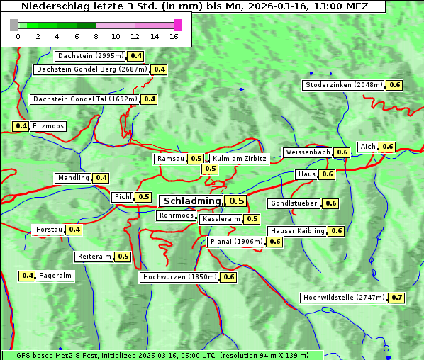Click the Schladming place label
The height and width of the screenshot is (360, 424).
coord(192,201)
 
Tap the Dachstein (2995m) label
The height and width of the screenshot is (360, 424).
coord(90,56)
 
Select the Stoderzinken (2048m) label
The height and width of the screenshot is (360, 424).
coord(343,85)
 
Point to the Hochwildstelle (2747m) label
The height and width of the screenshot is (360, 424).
coord(345,298)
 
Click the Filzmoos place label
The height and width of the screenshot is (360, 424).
coord(48,126)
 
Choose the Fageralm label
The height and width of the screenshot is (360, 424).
coord(55,276)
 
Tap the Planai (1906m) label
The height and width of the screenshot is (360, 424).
coord(236,242)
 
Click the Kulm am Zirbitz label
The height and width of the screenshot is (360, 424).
coord(239,159)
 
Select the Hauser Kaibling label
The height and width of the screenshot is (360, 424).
coord(297,231)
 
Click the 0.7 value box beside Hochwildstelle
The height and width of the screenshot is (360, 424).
coord(397,298)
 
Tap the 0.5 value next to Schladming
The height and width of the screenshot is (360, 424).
coord(237,201)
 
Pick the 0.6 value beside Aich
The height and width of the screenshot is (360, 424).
coord(387,147)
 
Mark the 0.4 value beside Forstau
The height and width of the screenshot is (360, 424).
coord(74,230)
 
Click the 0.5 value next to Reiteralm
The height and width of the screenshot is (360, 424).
coord(123,257)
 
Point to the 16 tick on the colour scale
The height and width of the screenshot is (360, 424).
coord(174,35)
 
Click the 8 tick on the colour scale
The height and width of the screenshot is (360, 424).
coord(95,35)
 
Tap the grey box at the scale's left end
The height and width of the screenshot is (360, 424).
coord(14,25)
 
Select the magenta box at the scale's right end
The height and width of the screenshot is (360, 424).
coord(177,25)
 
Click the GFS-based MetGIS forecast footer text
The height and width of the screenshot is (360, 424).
coord(162,355)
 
